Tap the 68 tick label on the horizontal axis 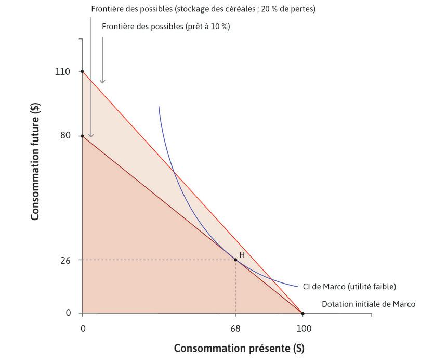point(235,329)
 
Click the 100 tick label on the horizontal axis point(303,329)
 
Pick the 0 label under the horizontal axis point(82,329)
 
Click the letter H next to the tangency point point(242,255)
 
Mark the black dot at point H point(235,260)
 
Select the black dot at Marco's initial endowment point(303,313)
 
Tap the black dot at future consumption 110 point(82,71)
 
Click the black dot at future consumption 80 point(82,136)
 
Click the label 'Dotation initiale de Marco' point(369,304)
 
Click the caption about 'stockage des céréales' point(203,9)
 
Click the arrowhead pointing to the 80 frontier point(91,136)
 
